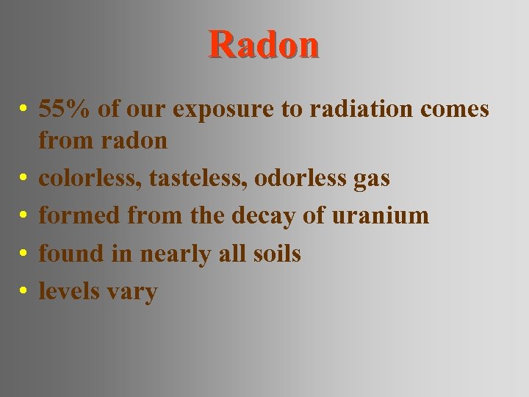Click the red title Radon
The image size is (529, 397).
tap(264, 45)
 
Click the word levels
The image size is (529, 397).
tap(69, 291)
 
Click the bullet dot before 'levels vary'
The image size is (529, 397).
tap(24, 292)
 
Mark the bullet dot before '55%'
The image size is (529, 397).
tap(24, 110)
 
